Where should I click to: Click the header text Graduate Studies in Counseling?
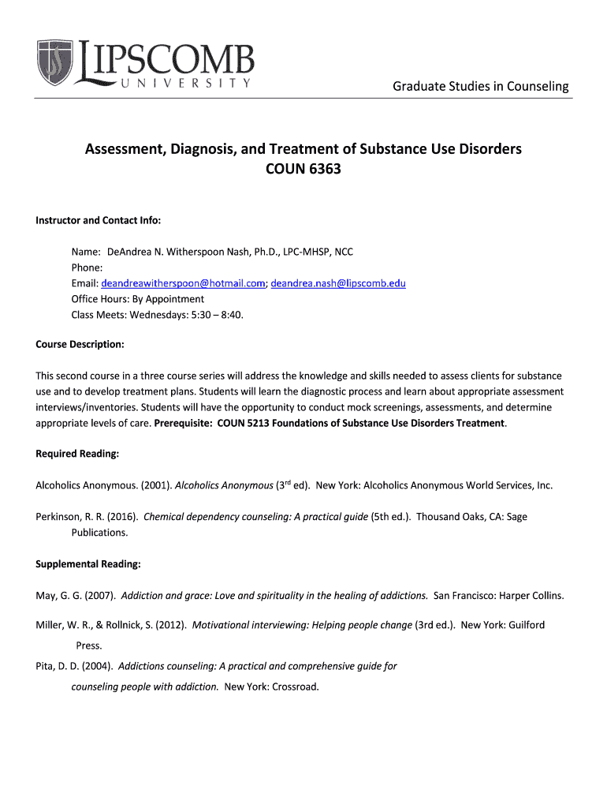481,86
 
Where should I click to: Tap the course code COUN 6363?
303,168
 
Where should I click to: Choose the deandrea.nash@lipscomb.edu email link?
338,283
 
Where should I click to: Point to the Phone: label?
87,267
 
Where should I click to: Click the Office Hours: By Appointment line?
138,299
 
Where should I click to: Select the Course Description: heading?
80,345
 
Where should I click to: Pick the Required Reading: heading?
77,454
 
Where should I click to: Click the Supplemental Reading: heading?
88,564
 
